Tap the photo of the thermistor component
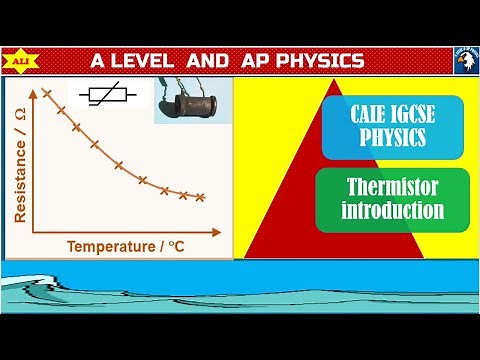[192, 100]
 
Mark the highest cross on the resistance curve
[46, 93]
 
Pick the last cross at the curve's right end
[201, 197]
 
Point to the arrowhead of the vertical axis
[32, 82]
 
